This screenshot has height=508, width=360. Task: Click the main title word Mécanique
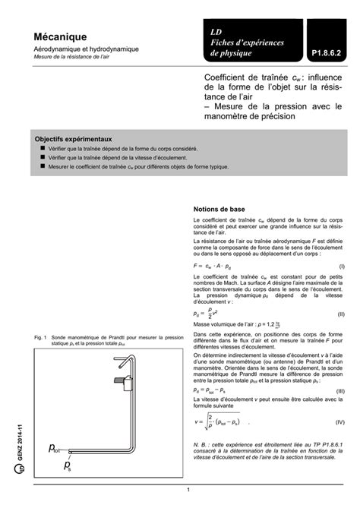point(59,36)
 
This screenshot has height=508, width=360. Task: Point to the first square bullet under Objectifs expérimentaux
point(43,150)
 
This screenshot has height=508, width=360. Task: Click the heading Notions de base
point(219,208)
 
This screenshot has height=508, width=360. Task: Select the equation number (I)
point(342,267)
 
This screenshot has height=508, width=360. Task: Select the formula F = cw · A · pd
point(217,267)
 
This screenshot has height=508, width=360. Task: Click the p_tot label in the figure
point(57,448)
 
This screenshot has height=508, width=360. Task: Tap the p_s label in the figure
point(68,464)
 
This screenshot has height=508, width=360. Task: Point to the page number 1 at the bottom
point(187,499)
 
